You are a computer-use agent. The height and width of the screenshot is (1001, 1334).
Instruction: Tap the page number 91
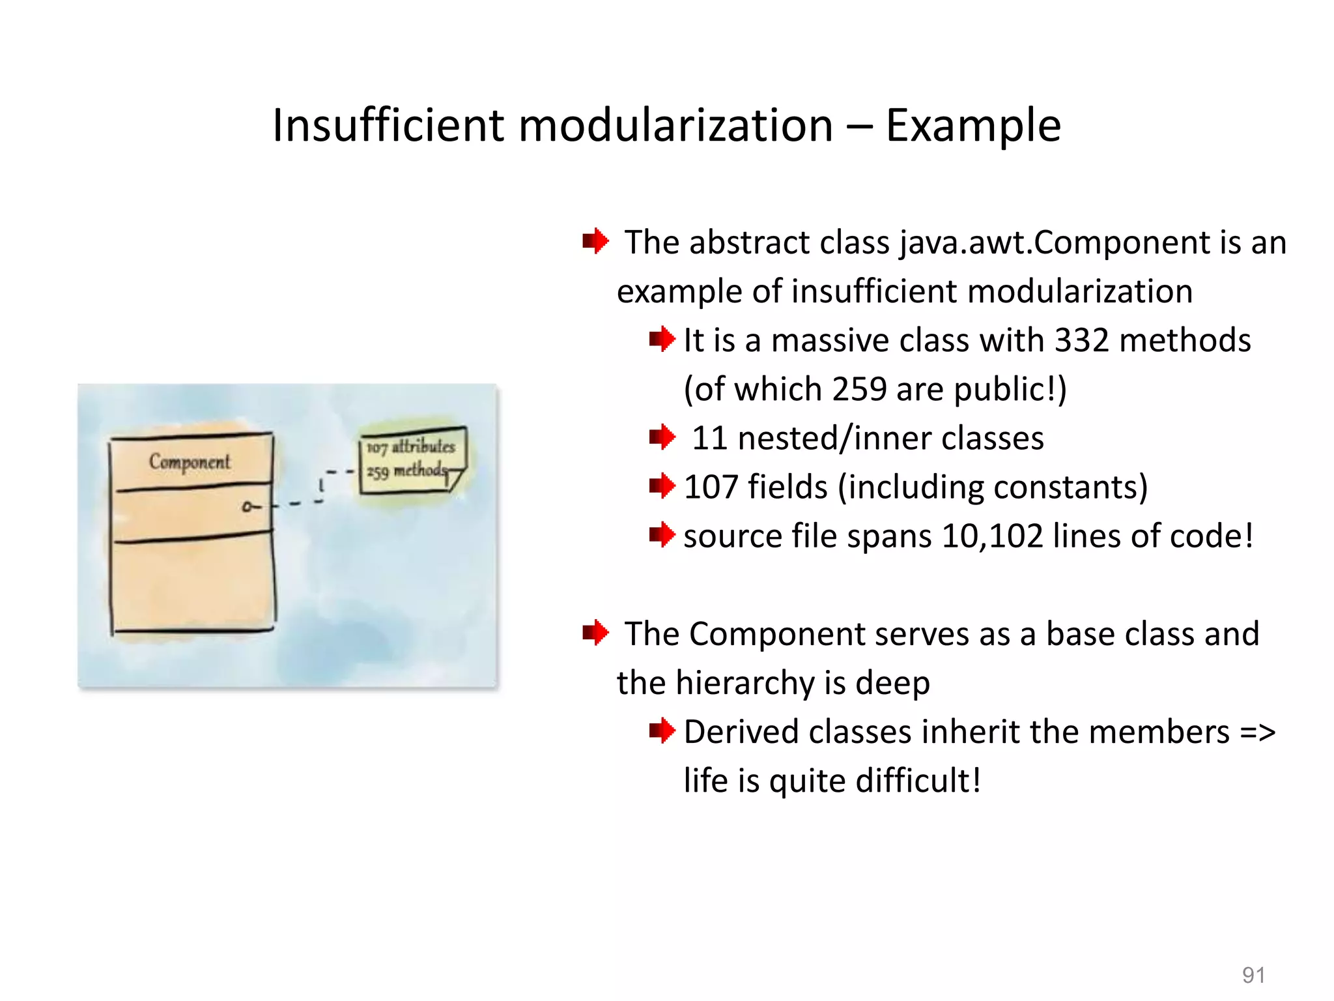(1253, 975)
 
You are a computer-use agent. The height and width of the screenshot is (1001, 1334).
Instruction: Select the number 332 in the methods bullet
(1081, 340)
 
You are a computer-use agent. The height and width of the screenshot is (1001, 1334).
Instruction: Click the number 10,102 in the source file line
(993, 536)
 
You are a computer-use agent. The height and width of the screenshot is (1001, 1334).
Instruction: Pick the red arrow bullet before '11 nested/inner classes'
(662, 437)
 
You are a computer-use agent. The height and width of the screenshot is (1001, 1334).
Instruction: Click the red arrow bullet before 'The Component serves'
(595, 632)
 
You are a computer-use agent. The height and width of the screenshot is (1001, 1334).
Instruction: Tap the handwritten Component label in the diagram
(190, 461)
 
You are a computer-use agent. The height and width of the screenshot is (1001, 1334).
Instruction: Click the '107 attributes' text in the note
(410, 447)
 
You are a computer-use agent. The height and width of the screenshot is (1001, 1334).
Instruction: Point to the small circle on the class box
(247, 506)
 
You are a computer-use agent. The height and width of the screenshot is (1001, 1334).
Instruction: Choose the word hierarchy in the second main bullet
(745, 683)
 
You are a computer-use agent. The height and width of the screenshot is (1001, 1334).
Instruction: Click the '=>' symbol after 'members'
(1257, 732)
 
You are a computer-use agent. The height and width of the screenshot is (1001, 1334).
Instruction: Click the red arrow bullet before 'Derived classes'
(662, 731)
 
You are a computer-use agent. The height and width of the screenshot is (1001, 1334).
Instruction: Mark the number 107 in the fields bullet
(711, 487)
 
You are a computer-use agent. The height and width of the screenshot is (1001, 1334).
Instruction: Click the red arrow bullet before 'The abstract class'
(595, 241)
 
